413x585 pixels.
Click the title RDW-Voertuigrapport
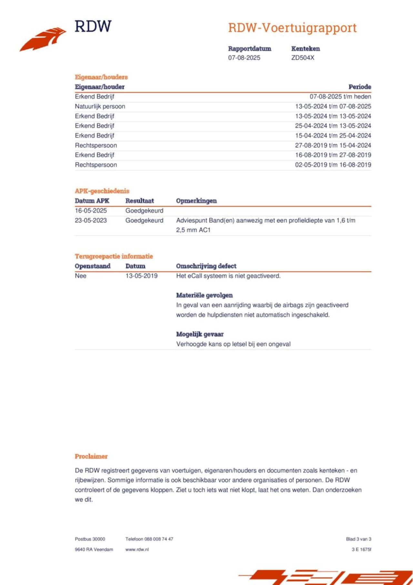[x=292, y=28]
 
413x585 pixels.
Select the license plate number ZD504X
[x=302, y=58]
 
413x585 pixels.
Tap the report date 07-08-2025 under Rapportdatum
[x=244, y=58]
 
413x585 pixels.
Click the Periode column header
[x=359, y=87]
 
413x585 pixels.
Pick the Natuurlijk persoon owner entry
[x=100, y=106]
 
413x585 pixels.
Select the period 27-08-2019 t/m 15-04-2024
[x=333, y=145]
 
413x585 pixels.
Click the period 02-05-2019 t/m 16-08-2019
[x=333, y=165]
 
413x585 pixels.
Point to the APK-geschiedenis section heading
[x=102, y=191]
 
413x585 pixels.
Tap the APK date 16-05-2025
[x=91, y=210]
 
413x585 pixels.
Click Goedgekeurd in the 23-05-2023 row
[x=144, y=220]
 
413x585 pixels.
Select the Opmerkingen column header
[x=196, y=201]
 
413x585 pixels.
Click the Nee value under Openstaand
[x=81, y=276]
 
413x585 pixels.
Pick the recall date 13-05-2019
[x=141, y=276]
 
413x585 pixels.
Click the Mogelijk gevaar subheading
[x=200, y=334]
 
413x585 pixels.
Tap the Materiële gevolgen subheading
[x=204, y=295]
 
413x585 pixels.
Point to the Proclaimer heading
[x=91, y=456]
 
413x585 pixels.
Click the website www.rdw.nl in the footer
[x=137, y=549]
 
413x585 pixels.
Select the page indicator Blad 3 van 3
[x=358, y=539]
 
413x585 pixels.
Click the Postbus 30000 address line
[x=90, y=539]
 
